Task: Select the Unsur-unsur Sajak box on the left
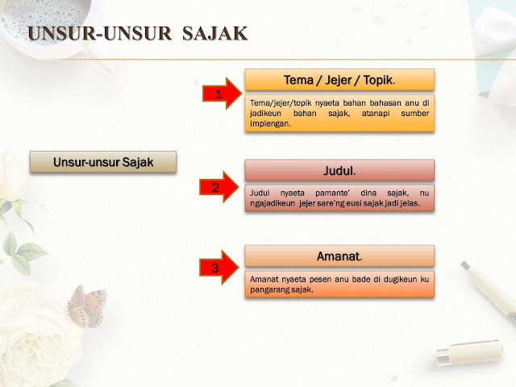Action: click(102, 161)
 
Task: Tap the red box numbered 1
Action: click(217, 94)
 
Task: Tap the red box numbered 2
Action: click(215, 188)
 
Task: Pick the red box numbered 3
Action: click(215, 268)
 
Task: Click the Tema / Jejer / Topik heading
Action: click(339, 79)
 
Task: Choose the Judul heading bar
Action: click(339, 170)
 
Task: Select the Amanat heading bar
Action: click(339, 256)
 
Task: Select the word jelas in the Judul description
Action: click(419, 203)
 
